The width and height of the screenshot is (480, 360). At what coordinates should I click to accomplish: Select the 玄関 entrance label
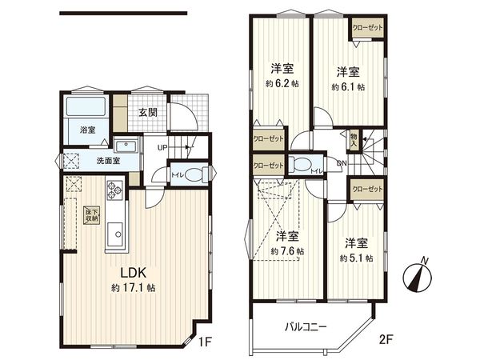click(147, 113)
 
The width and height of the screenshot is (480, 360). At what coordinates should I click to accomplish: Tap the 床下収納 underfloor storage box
click(91, 214)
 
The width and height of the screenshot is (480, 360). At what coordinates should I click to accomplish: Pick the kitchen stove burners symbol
click(112, 191)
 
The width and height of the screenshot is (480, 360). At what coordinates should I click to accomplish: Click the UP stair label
click(162, 148)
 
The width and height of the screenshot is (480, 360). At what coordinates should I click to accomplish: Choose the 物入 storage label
click(354, 140)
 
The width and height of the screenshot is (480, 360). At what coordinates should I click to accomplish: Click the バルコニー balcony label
click(308, 327)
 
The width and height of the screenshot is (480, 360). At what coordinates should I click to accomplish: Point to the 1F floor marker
click(206, 342)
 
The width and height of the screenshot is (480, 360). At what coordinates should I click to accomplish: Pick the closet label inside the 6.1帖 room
click(366, 28)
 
